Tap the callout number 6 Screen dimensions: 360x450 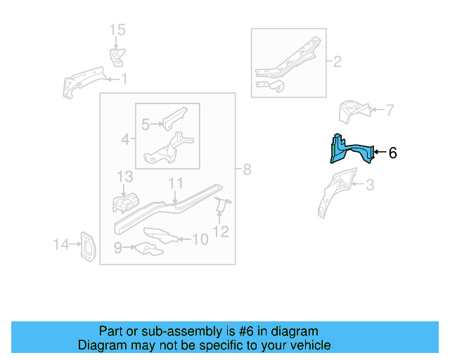(392, 153)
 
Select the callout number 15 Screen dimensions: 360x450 (117, 30)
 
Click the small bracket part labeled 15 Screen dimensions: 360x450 (116, 56)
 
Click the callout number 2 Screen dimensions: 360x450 (337, 62)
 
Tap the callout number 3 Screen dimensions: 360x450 (370, 186)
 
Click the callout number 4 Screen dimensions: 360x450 (124, 140)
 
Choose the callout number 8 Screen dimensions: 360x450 (246, 169)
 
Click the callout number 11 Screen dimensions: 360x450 (176, 183)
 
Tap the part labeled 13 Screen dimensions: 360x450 (126, 202)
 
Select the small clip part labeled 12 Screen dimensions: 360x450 (222, 205)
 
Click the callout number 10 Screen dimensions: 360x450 (200, 240)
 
